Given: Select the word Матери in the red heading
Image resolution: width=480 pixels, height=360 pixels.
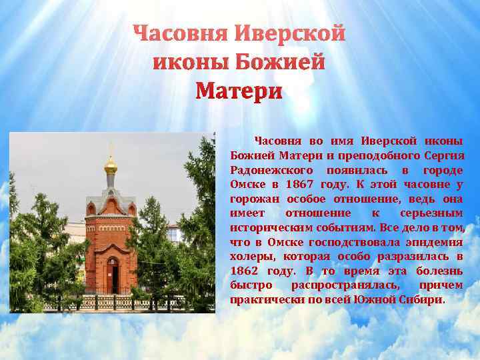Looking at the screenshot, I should pos(239,91).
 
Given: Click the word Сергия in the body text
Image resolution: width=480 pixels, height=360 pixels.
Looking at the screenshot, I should pos(444,155).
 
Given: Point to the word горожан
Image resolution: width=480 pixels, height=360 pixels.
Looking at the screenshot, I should pos(253,198).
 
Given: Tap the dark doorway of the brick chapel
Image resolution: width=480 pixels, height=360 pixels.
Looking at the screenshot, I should pos(115,275).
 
